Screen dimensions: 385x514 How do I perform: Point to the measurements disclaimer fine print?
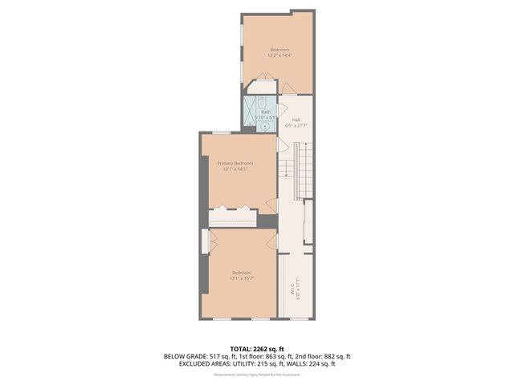pyautogui.click(x=257, y=375)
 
